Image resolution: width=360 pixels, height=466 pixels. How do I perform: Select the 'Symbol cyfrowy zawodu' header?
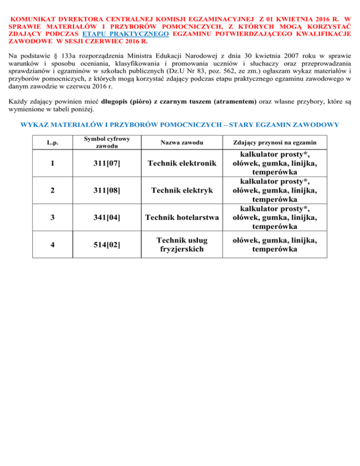107,143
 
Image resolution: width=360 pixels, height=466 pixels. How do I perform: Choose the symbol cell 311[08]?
107,191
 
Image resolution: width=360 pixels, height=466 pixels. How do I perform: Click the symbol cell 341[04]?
107,218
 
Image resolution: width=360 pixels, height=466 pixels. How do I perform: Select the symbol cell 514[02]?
107,244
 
